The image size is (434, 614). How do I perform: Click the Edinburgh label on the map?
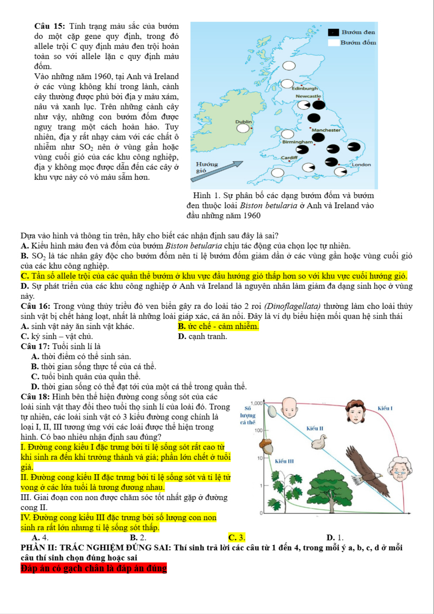point(305,88)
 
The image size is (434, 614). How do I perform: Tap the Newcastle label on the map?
point(308,96)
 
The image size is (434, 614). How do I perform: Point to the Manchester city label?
point(326,130)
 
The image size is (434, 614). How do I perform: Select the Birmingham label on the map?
point(297,142)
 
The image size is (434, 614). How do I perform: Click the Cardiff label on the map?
point(289,158)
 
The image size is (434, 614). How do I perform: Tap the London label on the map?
point(361,165)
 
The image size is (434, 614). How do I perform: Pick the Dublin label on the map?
point(244,122)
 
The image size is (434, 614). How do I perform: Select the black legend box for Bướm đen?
point(333,32)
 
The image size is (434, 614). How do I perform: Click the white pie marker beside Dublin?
point(243,128)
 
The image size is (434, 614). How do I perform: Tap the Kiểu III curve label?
point(284,461)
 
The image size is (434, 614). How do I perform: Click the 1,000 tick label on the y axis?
point(257,403)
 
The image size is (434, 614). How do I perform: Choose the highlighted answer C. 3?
point(237,537)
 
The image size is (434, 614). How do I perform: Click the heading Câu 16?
point(35,306)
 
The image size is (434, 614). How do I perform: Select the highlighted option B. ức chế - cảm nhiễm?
point(218,326)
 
